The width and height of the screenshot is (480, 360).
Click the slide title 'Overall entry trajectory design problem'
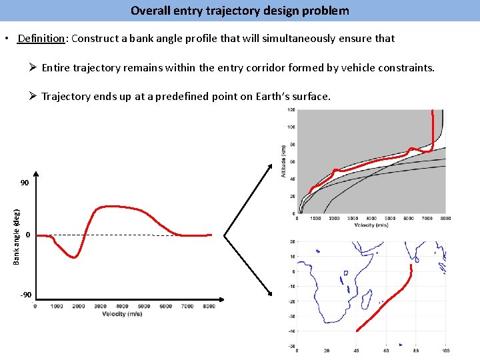(x=239, y=11)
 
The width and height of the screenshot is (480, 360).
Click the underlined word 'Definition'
(x=39, y=39)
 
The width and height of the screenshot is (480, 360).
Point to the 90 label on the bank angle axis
(x=24, y=183)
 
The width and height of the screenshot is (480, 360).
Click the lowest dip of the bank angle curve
(x=75, y=257)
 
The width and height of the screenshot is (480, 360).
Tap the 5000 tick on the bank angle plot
(x=144, y=307)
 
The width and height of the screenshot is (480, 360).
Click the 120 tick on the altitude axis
(x=292, y=110)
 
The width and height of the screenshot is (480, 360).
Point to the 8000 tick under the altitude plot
(x=445, y=218)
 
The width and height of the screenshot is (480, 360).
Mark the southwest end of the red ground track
(x=357, y=330)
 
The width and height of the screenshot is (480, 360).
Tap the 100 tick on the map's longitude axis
(x=445, y=350)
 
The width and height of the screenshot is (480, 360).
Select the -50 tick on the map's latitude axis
(x=291, y=345)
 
